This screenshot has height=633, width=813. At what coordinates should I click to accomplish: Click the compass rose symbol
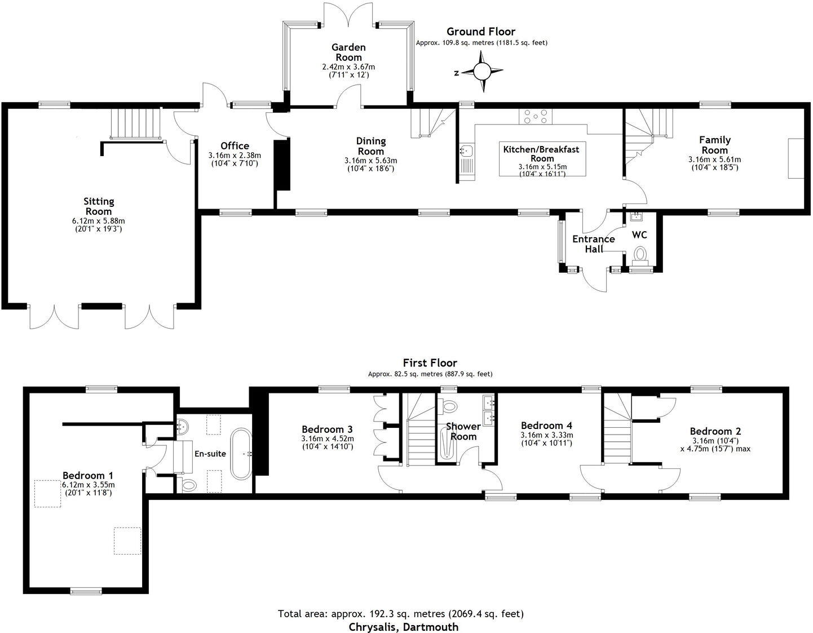pyautogui.click(x=482, y=72)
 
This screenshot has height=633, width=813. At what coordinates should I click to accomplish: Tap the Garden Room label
pyautogui.click(x=348, y=52)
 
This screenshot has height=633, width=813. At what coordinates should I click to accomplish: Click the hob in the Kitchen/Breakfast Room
pyautogui.click(x=536, y=117)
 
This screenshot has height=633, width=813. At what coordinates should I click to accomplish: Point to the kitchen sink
pyautogui.click(x=466, y=151)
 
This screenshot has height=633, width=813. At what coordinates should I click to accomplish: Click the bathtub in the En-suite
pyautogui.click(x=242, y=454)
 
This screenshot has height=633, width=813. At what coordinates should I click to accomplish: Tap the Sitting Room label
pyautogui.click(x=99, y=206)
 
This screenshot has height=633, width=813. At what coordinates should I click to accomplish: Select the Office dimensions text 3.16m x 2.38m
pyautogui.click(x=235, y=156)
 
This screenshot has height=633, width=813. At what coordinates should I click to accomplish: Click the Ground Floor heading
pyautogui.click(x=480, y=32)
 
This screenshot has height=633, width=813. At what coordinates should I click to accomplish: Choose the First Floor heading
pyautogui.click(x=430, y=363)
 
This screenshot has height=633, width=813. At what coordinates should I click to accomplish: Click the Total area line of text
pyautogui.click(x=401, y=613)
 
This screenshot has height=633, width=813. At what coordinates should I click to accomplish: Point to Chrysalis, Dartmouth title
pyautogui.click(x=403, y=626)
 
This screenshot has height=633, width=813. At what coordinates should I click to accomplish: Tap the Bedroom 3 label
pyautogui.click(x=328, y=430)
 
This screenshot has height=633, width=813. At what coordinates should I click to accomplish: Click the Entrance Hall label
pyautogui.click(x=593, y=244)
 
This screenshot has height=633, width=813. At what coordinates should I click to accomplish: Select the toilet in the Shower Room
pyautogui.click(x=450, y=406)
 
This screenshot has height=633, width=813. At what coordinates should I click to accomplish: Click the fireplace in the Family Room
pyautogui.click(x=796, y=158)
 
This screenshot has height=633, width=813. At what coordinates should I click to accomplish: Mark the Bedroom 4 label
pyautogui.click(x=546, y=426)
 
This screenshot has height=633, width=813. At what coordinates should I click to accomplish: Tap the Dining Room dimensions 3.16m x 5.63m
pyautogui.click(x=371, y=161)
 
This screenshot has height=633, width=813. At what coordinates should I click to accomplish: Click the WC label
pyautogui.click(x=639, y=234)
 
